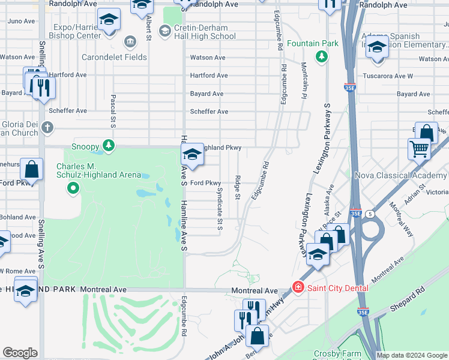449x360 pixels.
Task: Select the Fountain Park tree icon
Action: click(x=322, y=56)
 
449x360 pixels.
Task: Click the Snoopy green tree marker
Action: click(x=108, y=146)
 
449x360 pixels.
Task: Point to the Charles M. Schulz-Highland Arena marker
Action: click(x=73, y=189)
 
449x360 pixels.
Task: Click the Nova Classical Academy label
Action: click(x=401, y=175)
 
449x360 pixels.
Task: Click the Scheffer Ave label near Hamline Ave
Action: click(x=209, y=112)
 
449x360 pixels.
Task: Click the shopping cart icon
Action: click(x=419, y=148)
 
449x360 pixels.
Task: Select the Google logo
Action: click(x=20, y=352)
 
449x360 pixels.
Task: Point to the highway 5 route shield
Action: click(x=371, y=214)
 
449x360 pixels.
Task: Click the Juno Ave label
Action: click(x=21, y=21)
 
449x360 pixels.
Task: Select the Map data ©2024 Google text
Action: click(x=411, y=355)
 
